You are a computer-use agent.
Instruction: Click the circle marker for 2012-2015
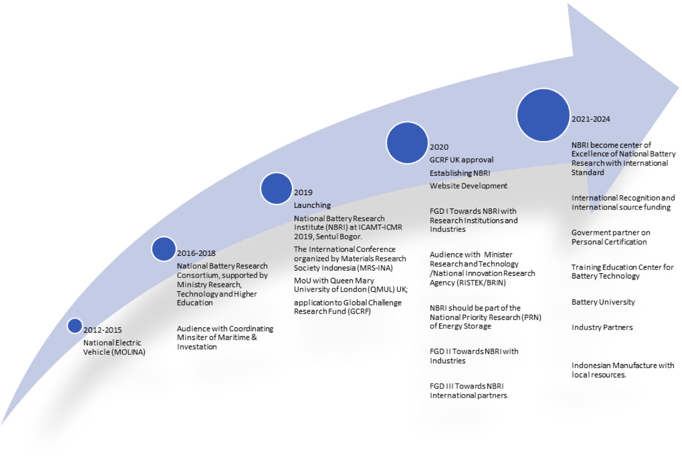click(x=75, y=326)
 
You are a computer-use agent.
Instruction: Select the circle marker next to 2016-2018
click(x=164, y=249)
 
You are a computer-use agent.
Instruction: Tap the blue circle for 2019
click(x=277, y=188)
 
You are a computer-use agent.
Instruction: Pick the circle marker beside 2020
click(x=407, y=143)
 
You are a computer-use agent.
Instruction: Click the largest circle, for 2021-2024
click(x=543, y=115)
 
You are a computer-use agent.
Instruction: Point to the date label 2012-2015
click(x=103, y=330)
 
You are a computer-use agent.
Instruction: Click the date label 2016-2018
click(x=196, y=253)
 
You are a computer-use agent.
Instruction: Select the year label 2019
click(x=303, y=192)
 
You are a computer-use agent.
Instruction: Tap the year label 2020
click(x=439, y=147)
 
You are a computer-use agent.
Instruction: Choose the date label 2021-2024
click(x=591, y=119)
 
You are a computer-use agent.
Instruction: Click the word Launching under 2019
click(x=312, y=205)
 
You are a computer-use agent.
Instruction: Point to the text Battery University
click(x=603, y=302)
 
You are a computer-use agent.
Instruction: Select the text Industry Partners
click(x=602, y=327)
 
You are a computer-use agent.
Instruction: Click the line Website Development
click(x=468, y=186)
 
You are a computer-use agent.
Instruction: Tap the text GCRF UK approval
click(x=462, y=160)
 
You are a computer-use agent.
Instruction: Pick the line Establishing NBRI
click(x=460, y=173)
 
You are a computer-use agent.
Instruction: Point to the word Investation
click(x=197, y=346)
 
